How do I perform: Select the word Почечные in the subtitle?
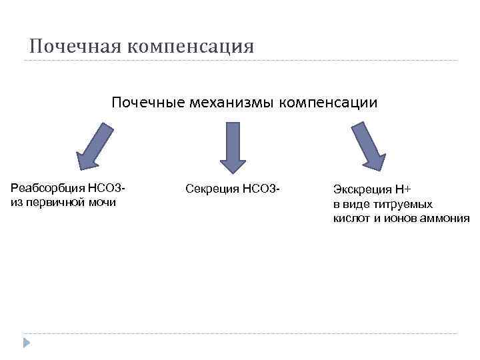pos(147,103)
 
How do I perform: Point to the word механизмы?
pos(232,103)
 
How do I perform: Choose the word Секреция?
pos(212,190)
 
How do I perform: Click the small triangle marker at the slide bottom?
pos(27,343)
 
